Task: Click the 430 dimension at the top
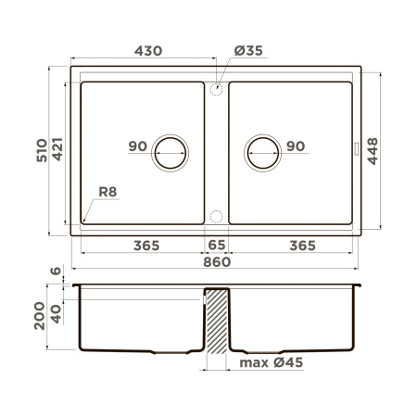[x=143, y=52]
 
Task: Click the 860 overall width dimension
[x=216, y=263]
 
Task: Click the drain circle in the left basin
[x=170, y=152]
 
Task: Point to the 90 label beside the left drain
[x=138, y=146]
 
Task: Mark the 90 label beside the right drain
[x=297, y=146]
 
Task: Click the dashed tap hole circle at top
[x=216, y=89]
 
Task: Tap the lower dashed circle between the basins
[x=216, y=217]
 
